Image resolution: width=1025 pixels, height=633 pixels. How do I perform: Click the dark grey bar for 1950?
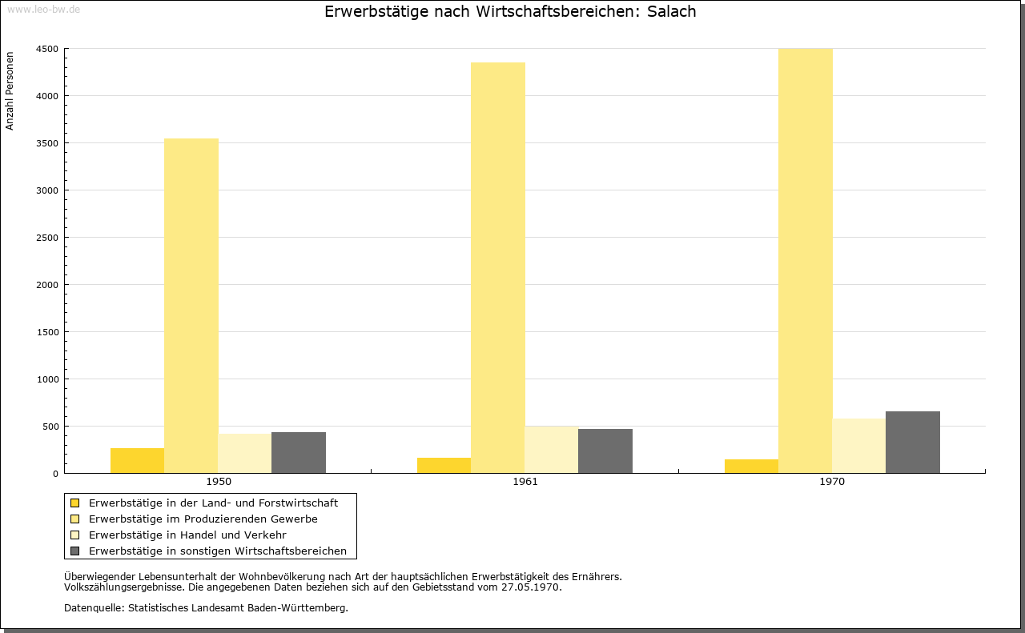[299, 452]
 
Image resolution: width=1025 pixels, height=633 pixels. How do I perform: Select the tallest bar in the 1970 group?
[806, 261]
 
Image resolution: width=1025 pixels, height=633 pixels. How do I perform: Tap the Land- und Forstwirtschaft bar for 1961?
[444, 465]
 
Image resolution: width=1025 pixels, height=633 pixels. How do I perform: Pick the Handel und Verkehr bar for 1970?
[859, 446]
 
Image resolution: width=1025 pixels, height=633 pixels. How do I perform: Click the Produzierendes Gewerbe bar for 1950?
[191, 306]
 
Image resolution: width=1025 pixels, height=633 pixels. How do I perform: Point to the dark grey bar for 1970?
[912, 443]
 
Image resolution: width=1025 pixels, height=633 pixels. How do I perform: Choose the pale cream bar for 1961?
[552, 450]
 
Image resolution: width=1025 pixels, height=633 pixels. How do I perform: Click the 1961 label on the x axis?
[525, 482]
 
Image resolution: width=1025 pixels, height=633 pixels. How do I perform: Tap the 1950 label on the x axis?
[219, 482]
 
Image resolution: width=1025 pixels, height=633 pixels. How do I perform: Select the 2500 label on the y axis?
[47, 238]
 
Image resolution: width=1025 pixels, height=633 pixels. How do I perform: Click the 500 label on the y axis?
[50, 427]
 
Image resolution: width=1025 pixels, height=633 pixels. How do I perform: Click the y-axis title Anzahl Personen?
[10, 91]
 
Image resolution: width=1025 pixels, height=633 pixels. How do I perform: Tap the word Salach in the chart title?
[671, 11]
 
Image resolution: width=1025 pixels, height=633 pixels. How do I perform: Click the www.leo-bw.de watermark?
[43, 9]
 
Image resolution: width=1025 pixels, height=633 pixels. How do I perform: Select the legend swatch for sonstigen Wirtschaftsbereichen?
[75, 551]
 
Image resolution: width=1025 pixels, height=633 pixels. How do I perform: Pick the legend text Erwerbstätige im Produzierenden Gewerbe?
[203, 519]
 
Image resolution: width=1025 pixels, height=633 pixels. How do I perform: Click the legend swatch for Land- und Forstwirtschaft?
[75, 503]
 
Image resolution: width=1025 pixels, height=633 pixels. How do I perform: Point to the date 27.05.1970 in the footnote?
[530, 587]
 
